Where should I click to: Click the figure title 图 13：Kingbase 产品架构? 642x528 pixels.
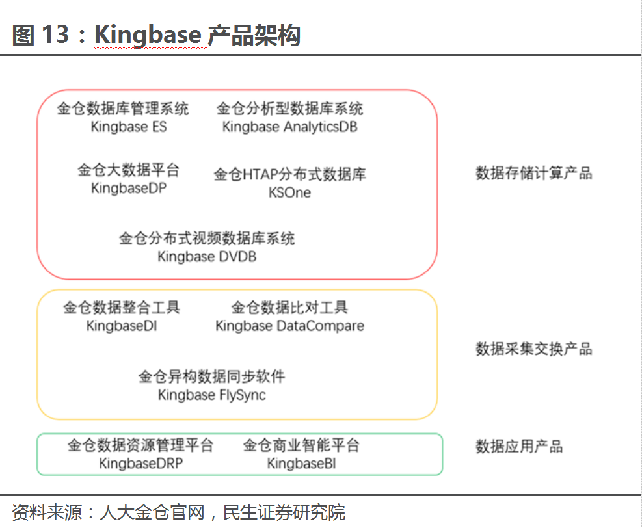(x=156, y=35)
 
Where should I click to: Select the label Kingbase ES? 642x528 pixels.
(x=129, y=127)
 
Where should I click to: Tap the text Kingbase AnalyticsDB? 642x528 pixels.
(x=289, y=127)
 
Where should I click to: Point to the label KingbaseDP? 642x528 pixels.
(x=129, y=189)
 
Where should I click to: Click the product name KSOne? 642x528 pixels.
(x=289, y=192)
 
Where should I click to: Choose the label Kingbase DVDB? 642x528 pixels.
(x=207, y=257)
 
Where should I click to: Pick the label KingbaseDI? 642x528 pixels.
(x=122, y=326)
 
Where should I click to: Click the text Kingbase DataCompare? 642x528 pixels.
(x=289, y=326)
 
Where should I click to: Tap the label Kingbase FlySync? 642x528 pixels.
(x=211, y=395)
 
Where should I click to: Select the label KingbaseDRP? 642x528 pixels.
(x=140, y=464)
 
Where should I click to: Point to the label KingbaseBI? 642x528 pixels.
(x=301, y=464)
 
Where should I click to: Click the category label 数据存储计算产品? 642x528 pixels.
(x=533, y=174)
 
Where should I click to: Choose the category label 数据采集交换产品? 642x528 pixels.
(x=533, y=349)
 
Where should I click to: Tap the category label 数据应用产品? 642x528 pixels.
(x=518, y=447)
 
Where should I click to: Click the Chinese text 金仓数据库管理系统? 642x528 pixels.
(x=123, y=109)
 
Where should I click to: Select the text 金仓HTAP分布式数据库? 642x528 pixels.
(x=289, y=174)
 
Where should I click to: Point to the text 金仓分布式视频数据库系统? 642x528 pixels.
(x=207, y=239)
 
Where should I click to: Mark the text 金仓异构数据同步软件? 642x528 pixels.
(x=211, y=376)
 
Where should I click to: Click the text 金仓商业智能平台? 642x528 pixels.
(x=301, y=445)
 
